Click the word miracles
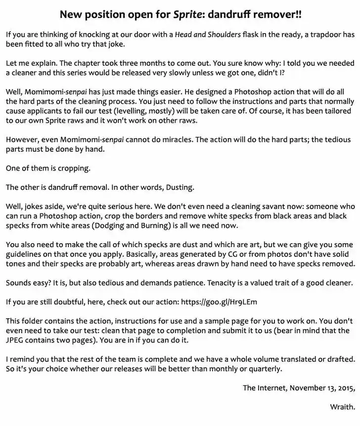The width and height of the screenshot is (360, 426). click(174, 139)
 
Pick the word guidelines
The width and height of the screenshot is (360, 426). click(25, 254)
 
